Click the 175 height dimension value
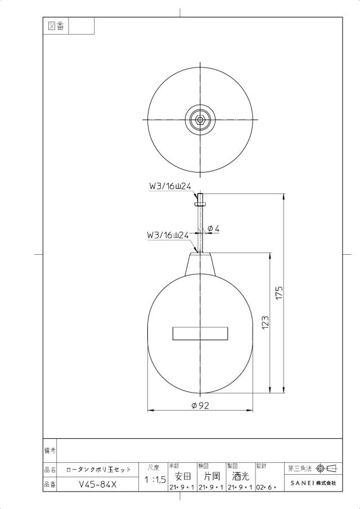(x=279, y=292)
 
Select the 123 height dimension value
(x=265, y=323)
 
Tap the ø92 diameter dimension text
(x=200, y=405)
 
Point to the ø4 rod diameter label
(x=213, y=228)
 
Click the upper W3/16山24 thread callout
(x=170, y=186)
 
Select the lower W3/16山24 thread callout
(x=168, y=235)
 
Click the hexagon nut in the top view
(x=200, y=119)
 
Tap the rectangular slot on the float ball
(x=200, y=334)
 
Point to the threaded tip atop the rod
(x=200, y=200)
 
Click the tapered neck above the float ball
(x=200, y=264)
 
